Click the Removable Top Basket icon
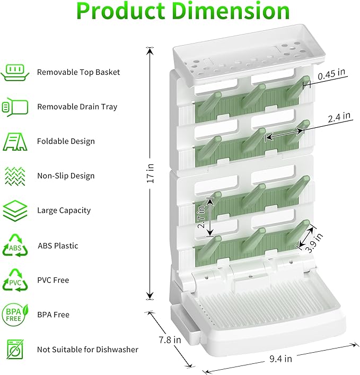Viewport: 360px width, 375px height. [15, 72]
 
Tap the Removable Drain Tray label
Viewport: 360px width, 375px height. [77, 107]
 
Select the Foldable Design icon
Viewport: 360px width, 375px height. [15, 142]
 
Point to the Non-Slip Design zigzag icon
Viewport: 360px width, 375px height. [15, 176]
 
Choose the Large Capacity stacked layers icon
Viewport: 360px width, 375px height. [15, 211]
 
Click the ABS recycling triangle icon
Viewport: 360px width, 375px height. [15, 246]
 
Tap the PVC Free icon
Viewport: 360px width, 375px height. [15, 280]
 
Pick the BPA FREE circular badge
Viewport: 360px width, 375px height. [15, 315]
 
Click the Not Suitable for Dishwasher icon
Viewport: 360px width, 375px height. [15, 350]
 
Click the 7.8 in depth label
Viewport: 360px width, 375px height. [170, 338]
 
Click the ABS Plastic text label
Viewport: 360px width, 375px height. [58, 246]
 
